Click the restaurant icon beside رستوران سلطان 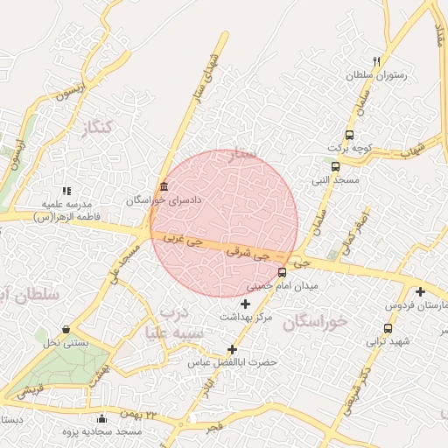[x=375, y=61]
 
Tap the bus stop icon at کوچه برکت [x=349, y=135]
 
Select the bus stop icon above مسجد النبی [x=335, y=166]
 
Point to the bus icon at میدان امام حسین [x=281, y=272]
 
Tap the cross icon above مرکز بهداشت [x=245, y=303]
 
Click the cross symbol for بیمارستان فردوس [x=421, y=291]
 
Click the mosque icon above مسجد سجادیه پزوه [x=102, y=418]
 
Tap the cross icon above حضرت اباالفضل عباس [x=232, y=349]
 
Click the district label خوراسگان [x=316, y=321]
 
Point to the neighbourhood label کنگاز [x=97, y=129]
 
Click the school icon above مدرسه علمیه [x=66, y=190]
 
